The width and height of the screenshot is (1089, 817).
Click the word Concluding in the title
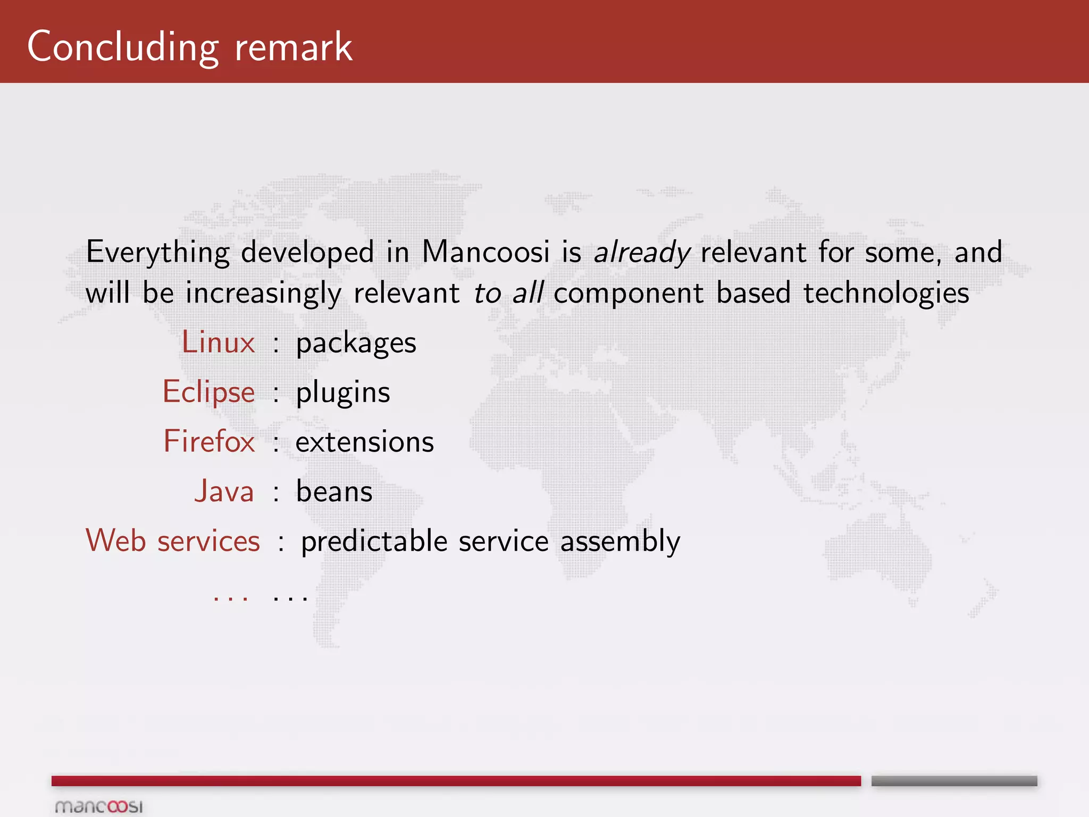[x=123, y=47]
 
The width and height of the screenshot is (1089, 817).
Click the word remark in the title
[x=294, y=47]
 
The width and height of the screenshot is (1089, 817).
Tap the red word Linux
[x=218, y=342]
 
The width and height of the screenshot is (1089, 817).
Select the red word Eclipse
[x=208, y=392]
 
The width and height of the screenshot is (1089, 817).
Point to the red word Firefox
[x=209, y=441]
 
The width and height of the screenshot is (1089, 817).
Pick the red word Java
[x=224, y=491]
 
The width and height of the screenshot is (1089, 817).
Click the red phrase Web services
[x=173, y=541]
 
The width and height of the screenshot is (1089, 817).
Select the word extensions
[x=365, y=442]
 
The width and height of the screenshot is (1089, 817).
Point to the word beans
[x=334, y=491]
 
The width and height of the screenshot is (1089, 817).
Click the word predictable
[x=374, y=541]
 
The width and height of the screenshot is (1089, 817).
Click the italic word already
[x=642, y=252]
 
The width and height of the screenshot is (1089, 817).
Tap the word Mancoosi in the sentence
[x=485, y=252]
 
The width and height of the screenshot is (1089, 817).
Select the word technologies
[x=886, y=293]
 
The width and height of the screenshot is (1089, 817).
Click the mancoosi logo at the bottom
[x=99, y=806]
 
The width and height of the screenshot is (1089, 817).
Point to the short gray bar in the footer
[x=954, y=781]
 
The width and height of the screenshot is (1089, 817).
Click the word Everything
[x=158, y=252]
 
